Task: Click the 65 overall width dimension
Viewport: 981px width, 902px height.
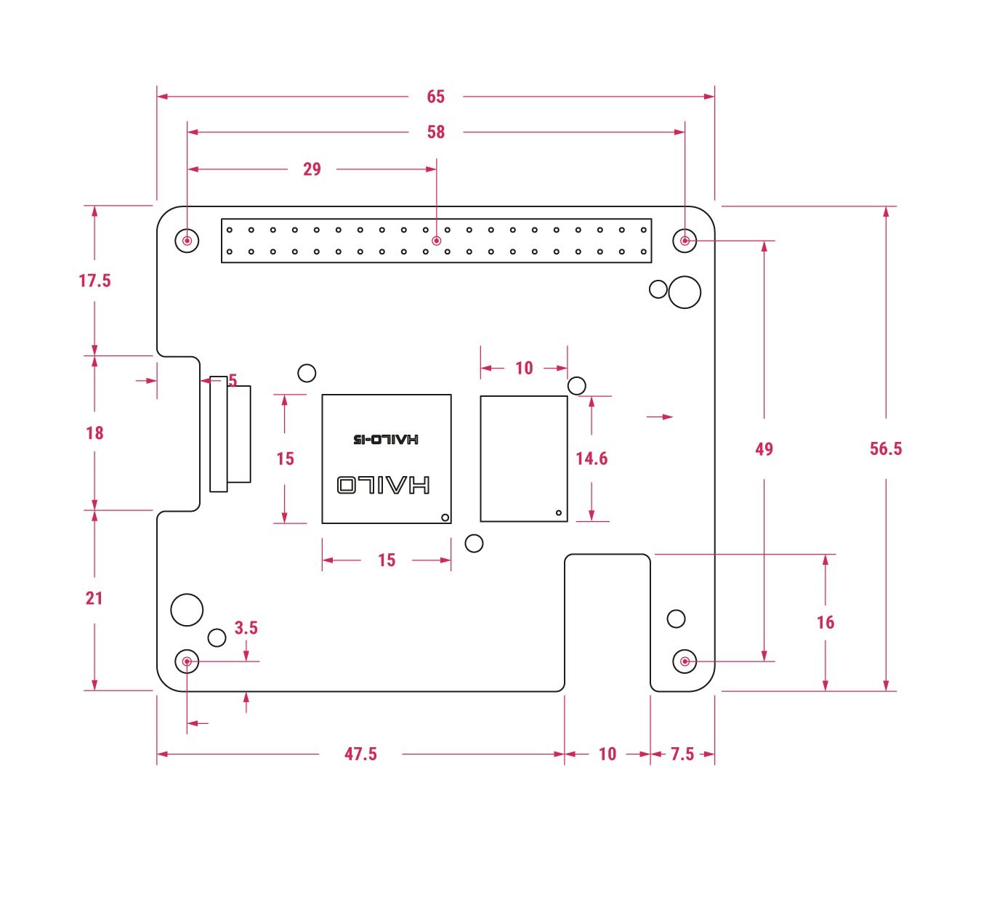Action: [435, 97]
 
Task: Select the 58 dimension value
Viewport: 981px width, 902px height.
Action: [436, 132]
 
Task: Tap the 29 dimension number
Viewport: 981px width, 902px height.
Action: [312, 169]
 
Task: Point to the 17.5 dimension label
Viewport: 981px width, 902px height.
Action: [95, 281]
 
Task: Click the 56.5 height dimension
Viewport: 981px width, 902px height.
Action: [886, 448]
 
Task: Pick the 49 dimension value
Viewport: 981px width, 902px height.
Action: [764, 449]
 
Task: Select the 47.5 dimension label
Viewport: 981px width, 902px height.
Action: [360, 754]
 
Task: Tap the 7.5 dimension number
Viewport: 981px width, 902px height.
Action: [682, 754]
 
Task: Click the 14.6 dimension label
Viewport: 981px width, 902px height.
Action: [592, 459]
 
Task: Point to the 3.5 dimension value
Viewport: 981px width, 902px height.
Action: [246, 627]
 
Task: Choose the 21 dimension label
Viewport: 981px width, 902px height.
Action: [94, 598]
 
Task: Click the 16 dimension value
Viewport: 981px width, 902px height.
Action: [825, 622]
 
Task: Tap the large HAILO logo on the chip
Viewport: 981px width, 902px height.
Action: [384, 485]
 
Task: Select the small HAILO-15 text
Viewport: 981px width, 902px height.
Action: [386, 439]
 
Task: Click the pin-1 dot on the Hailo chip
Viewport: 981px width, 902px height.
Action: [445, 518]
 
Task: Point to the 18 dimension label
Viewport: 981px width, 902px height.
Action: [95, 433]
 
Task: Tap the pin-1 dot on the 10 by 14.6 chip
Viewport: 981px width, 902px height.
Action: [559, 512]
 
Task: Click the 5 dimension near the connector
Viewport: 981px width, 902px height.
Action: [233, 380]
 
